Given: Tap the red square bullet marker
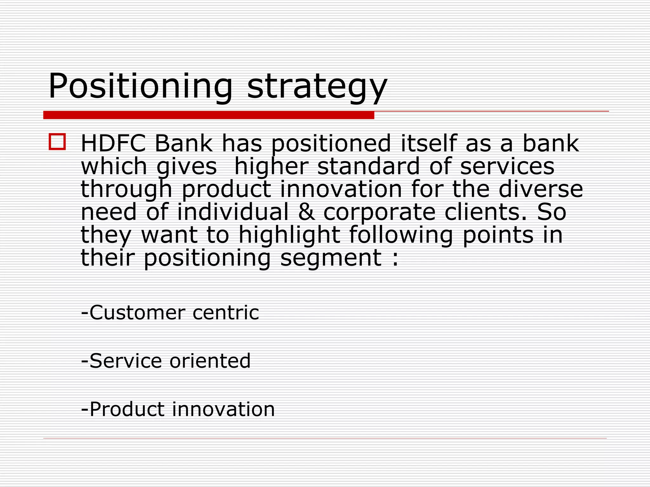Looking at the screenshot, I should coord(57,141).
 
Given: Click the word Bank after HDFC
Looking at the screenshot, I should coord(183,144).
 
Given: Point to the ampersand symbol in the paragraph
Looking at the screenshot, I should coord(307,212).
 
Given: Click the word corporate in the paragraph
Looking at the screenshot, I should coord(379,212).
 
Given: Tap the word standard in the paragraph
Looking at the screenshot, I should coord(368,166).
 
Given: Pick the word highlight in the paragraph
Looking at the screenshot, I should coord(289,235).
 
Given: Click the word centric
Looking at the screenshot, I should coord(226,313).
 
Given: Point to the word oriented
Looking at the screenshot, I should coord(210,361).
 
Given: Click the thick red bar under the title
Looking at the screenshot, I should coord(209,115).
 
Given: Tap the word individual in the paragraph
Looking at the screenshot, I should coord(233,212).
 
